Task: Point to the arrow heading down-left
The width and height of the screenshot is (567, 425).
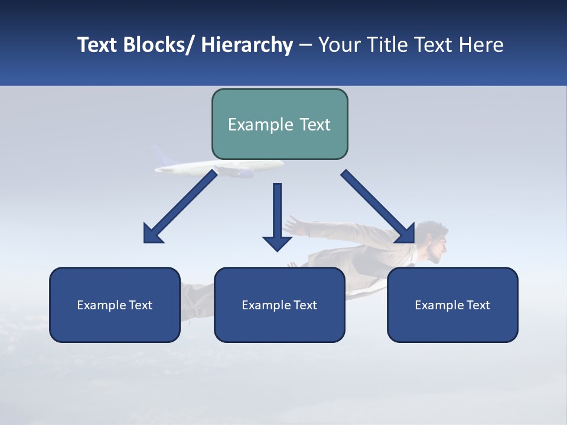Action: tap(180, 207)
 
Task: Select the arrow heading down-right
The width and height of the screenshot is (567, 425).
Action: tap(378, 207)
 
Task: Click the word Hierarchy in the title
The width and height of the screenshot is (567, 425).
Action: tap(247, 45)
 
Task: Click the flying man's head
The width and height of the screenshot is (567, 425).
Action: tap(434, 242)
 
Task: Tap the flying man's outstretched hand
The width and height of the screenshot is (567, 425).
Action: tap(294, 224)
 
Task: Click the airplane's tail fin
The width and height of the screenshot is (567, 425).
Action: tap(158, 155)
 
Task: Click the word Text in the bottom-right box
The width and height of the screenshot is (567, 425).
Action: tap(477, 305)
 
